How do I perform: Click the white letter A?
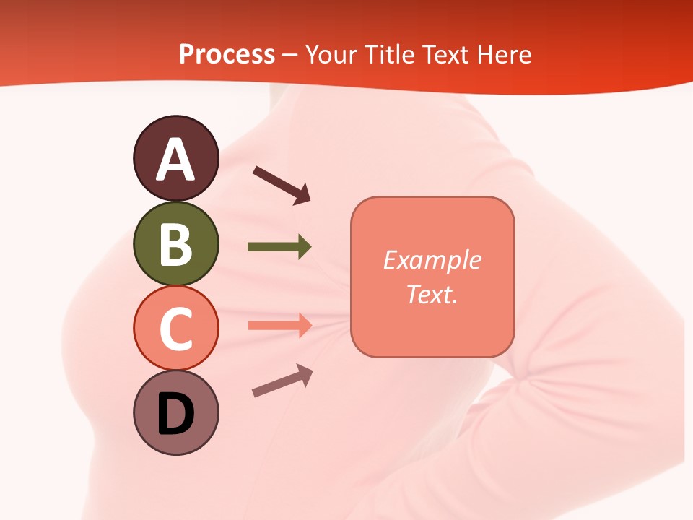(x=175, y=160)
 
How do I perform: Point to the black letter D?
(x=175, y=415)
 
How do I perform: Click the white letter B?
(x=175, y=245)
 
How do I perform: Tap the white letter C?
(x=175, y=329)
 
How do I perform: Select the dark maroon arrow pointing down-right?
(x=282, y=185)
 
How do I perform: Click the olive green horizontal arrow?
(x=279, y=247)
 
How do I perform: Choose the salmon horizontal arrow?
(x=279, y=325)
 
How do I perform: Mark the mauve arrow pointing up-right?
(x=282, y=381)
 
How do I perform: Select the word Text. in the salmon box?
(x=432, y=295)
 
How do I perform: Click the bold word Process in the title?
(x=227, y=55)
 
